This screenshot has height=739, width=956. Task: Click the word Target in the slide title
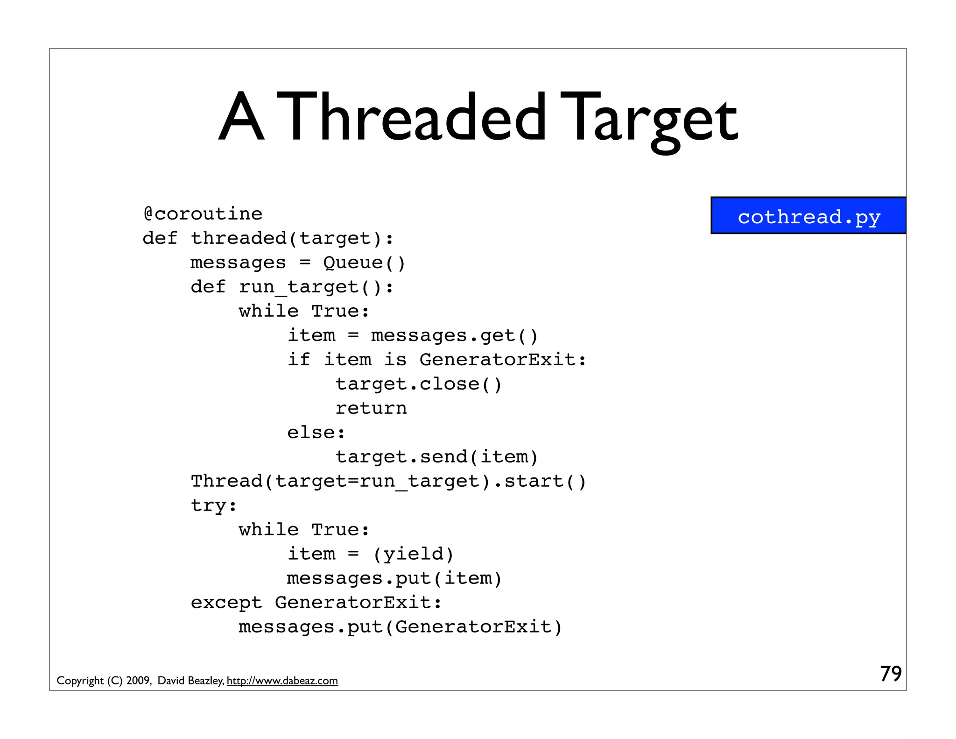tap(649, 119)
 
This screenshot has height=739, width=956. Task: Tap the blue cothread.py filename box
tap(808, 216)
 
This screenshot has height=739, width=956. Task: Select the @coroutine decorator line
tap(203, 214)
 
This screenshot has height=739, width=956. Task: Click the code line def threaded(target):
tap(268, 238)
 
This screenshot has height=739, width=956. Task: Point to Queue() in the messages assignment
tap(364, 263)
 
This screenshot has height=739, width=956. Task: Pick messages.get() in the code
tap(455, 335)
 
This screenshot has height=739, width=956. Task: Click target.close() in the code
tap(419, 384)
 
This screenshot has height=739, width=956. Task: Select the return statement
tap(371, 408)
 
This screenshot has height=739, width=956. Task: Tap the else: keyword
tap(316, 433)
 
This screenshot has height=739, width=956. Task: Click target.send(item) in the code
tap(437, 457)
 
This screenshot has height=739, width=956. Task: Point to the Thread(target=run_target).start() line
tap(388, 481)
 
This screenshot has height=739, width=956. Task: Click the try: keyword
tap(214, 505)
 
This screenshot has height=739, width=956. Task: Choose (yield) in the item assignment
tap(413, 554)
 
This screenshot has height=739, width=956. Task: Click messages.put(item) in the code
tap(394, 578)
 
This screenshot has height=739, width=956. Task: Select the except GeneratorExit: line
tap(316, 603)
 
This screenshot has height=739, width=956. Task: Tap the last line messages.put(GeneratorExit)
tap(401, 627)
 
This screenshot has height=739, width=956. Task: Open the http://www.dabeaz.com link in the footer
tap(282, 681)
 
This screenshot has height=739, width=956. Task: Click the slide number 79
tap(891, 674)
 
